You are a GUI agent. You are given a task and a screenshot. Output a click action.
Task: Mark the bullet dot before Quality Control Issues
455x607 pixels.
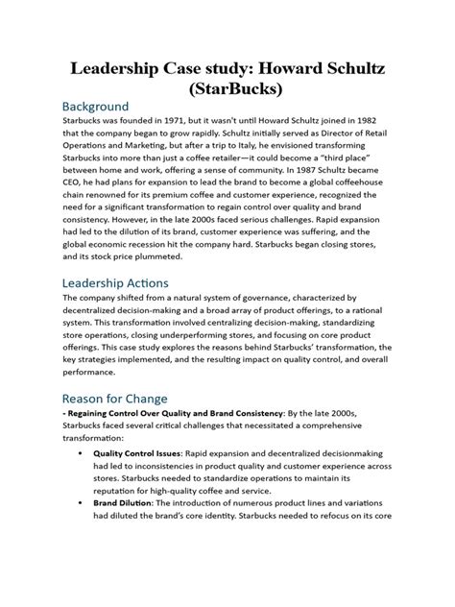click(76, 452)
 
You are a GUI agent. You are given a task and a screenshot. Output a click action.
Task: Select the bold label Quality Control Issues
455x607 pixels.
click(132, 452)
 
